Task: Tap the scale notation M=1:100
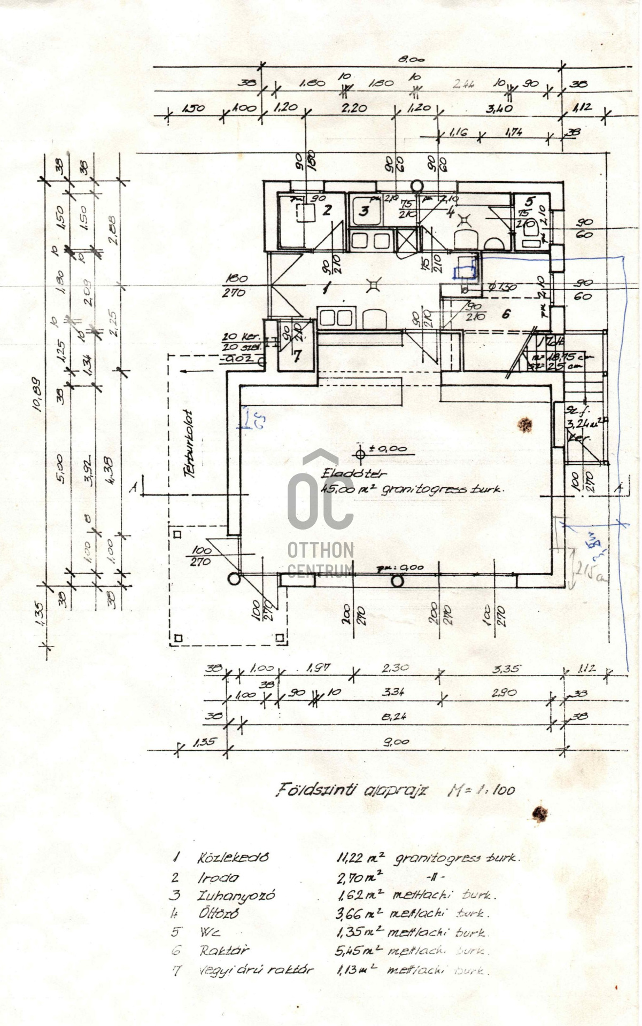point(481,790)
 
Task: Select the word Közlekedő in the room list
point(233,858)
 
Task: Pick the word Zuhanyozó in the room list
point(236,895)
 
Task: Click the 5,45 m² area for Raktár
point(359,951)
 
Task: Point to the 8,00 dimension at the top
point(411,59)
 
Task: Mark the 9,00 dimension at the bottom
point(396,742)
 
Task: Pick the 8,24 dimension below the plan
point(394,717)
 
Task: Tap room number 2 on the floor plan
point(327,210)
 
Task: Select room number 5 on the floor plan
point(529,201)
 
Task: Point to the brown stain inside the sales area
point(524,425)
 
